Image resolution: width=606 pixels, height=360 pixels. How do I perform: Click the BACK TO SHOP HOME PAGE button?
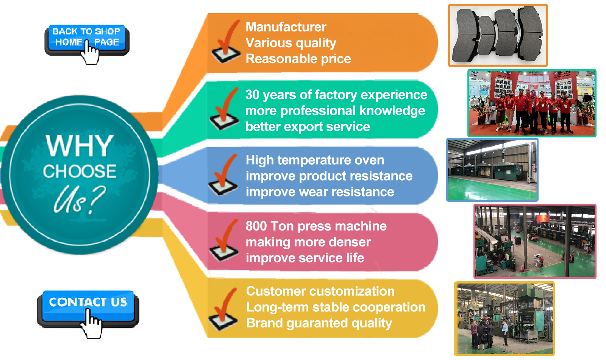click(86, 38)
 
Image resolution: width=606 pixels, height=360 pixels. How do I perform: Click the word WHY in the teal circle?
click(80, 146)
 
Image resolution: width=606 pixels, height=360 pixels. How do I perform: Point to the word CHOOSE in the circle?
click(80, 171)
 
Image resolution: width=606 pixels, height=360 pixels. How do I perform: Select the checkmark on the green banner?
click(225, 109)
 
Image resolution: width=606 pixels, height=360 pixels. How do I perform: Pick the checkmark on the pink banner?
click(224, 241)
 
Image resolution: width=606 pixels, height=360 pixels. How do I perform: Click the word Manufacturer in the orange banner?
click(286, 27)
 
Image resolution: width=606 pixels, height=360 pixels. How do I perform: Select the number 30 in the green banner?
click(252, 95)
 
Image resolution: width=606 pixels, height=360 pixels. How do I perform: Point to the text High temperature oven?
click(315, 160)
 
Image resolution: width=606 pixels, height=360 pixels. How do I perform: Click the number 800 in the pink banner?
click(256, 226)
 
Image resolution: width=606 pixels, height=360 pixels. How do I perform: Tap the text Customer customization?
click(320, 291)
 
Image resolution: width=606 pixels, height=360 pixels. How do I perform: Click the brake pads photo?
click(498, 36)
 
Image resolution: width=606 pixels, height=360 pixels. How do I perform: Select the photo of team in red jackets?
click(532, 103)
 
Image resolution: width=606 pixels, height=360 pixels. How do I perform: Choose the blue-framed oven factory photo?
click(492, 170)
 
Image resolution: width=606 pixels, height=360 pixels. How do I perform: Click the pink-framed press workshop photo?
click(535, 241)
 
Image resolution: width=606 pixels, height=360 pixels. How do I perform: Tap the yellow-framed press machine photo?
click(504, 318)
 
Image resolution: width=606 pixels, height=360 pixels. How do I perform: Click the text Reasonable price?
click(298, 59)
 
